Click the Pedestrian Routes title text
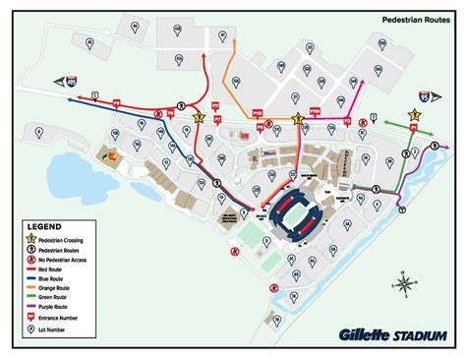coord(415,18)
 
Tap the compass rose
coord(404,285)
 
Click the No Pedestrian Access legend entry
coord(75,259)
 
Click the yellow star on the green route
coord(415,115)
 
